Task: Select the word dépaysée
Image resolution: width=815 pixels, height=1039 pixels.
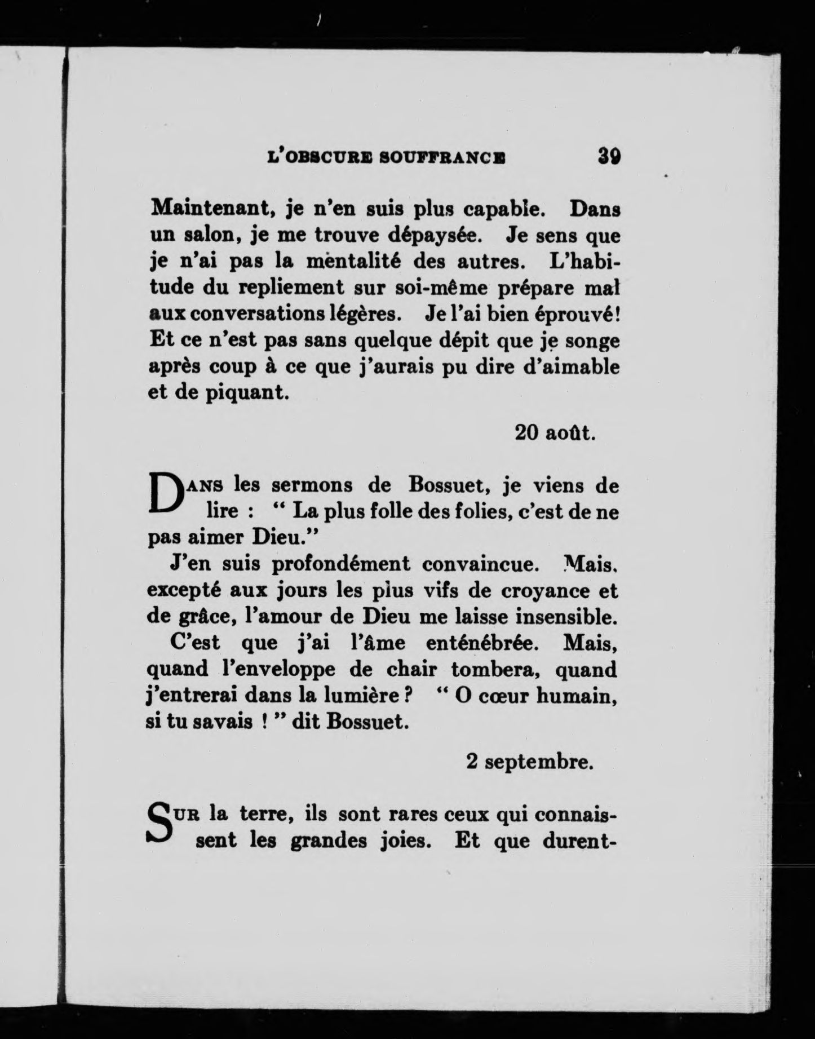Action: click(x=438, y=235)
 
